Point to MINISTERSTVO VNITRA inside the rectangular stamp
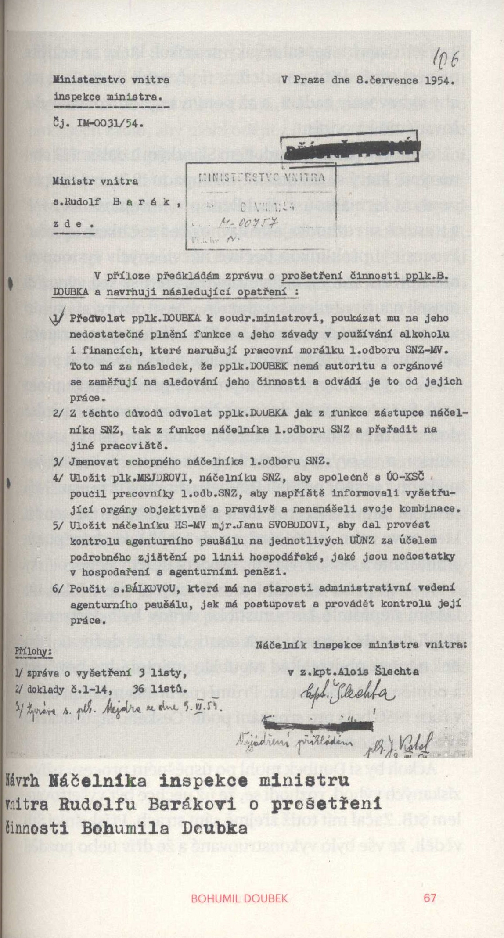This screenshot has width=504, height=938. pyautogui.click(x=262, y=177)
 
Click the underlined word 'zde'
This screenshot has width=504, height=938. pyautogui.click(x=73, y=224)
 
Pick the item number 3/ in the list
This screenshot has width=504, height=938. pyautogui.click(x=58, y=461)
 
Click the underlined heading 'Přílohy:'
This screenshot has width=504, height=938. pyautogui.click(x=33, y=652)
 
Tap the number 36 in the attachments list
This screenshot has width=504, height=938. pyautogui.click(x=138, y=689)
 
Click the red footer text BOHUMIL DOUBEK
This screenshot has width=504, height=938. pyautogui.click(x=239, y=898)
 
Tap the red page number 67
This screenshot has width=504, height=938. pyautogui.click(x=430, y=898)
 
